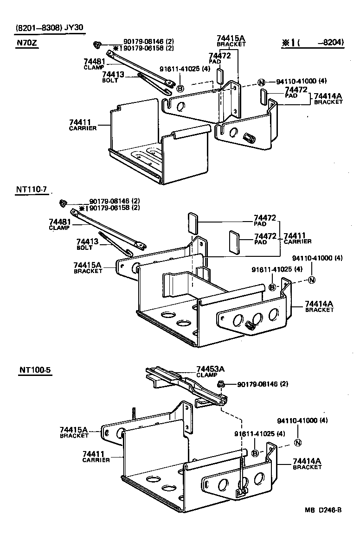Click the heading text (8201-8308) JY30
click(x=50, y=28)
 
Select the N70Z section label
click(x=27, y=43)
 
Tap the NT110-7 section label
click(x=31, y=190)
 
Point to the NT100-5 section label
click(x=34, y=370)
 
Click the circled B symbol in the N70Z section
click(x=180, y=88)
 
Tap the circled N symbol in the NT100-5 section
click(x=298, y=442)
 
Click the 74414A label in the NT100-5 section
click(x=307, y=461)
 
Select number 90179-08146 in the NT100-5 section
click(x=257, y=384)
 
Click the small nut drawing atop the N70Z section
click(x=97, y=44)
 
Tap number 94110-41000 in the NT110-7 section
click(x=317, y=258)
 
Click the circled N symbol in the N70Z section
click(x=262, y=83)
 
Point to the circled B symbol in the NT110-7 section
click(x=273, y=287)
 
